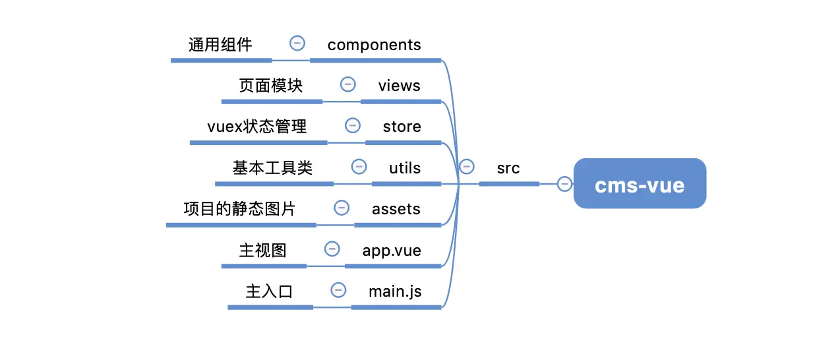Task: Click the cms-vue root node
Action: click(x=640, y=183)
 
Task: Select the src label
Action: click(x=508, y=168)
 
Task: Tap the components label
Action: click(x=374, y=45)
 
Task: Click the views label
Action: click(x=400, y=86)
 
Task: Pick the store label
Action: click(x=402, y=127)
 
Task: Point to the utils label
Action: click(x=405, y=168)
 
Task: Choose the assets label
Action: click(x=396, y=209)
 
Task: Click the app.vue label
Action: click(x=392, y=251)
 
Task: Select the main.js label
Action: click(x=395, y=291)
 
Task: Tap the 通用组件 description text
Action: click(x=220, y=45)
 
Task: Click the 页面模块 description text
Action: click(x=270, y=86)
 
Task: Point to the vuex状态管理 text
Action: click(x=256, y=127)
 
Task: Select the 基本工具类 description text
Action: click(x=272, y=168)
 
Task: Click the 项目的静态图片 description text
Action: click(x=239, y=209)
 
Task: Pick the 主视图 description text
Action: click(x=263, y=251)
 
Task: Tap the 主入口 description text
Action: click(x=269, y=291)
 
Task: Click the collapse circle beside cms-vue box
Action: click(x=564, y=183)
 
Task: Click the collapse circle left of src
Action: click(x=467, y=166)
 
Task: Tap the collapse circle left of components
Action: click(x=297, y=44)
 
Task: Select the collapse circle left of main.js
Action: click(x=338, y=290)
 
